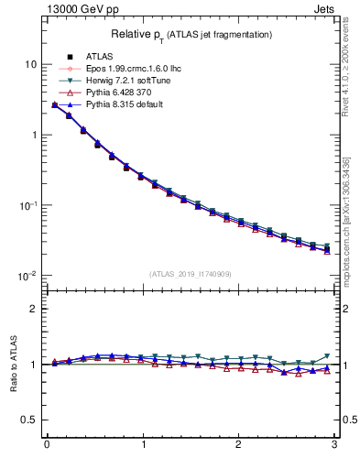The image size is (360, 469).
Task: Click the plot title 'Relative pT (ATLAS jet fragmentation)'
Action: coord(191,34)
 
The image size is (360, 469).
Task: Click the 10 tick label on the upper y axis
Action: coord(30,64)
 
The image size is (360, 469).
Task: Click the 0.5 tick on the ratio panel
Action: coord(29,420)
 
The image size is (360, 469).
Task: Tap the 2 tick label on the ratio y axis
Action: coord(34,309)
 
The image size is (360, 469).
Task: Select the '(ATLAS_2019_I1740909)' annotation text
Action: coord(190,273)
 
